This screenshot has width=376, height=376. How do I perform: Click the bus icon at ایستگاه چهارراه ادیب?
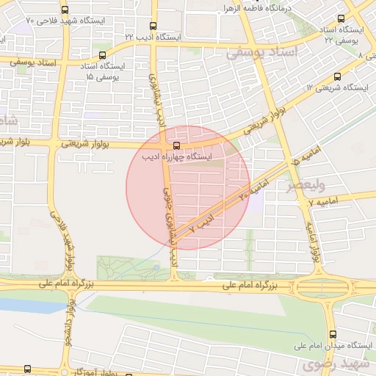pos(176,145)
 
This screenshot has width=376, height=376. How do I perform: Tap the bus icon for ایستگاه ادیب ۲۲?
pos(153,23)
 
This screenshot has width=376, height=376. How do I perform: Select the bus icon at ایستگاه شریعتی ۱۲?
pos(337,76)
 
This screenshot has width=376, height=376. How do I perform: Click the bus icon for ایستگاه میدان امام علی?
pos(333,333)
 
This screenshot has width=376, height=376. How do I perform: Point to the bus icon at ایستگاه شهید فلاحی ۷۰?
pos(65,10)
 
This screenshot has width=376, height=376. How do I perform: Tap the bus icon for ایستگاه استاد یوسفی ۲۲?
pos(341,19)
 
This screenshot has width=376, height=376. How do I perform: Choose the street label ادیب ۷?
pos(200,224)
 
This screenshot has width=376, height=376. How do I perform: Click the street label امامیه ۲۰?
pos(248,192)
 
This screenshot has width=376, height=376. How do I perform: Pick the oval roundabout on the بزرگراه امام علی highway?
pos(320,287)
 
